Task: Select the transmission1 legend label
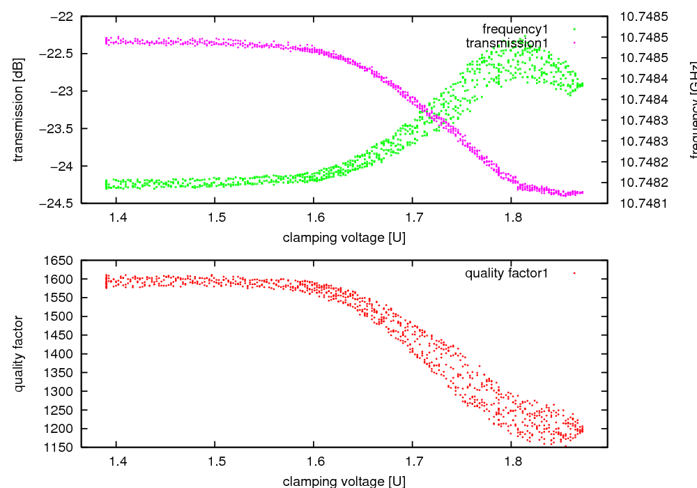click(x=507, y=43)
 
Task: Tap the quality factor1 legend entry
click(x=506, y=273)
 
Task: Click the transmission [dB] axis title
click(x=19, y=109)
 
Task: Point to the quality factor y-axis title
click(x=19, y=353)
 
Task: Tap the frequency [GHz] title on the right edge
click(x=694, y=112)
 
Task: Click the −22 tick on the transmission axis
click(x=61, y=16)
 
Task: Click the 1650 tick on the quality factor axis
click(x=59, y=261)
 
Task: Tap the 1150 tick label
click(x=59, y=447)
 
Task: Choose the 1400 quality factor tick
click(x=59, y=354)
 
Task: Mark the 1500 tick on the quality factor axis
click(x=59, y=317)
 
